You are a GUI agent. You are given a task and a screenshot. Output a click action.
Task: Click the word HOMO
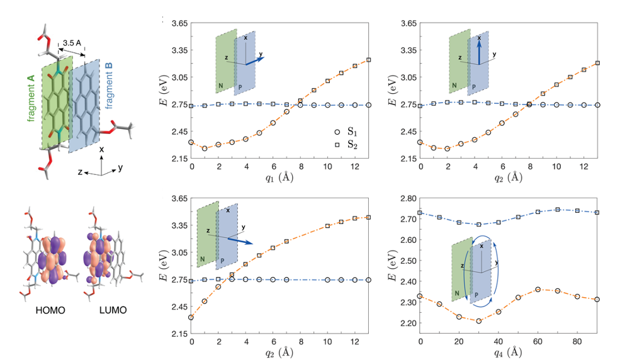click(47, 310)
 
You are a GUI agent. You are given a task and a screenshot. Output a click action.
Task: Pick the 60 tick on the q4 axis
click(538, 341)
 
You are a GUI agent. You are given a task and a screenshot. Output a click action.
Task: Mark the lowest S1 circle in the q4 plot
click(479, 321)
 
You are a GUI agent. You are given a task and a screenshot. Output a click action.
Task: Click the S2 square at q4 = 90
click(597, 213)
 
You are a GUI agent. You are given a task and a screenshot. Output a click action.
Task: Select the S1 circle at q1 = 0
click(191, 143)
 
